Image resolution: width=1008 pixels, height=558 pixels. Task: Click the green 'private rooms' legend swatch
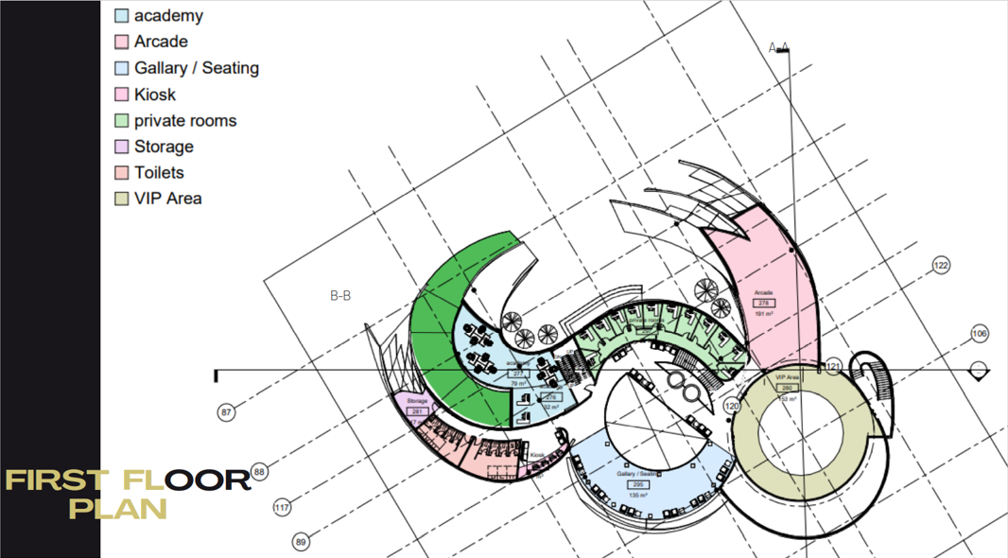(x=122, y=121)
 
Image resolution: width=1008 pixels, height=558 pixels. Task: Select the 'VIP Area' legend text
(x=167, y=199)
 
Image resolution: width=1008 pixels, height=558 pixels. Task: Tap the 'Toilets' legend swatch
(x=122, y=173)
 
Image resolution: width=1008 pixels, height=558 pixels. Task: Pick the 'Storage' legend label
(x=164, y=147)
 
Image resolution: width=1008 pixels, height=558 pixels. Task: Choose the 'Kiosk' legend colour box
(x=122, y=95)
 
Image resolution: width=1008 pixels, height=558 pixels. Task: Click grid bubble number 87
(x=226, y=412)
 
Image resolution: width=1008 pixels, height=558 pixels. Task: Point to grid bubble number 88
(x=260, y=472)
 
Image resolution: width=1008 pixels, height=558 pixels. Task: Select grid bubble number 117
(x=282, y=508)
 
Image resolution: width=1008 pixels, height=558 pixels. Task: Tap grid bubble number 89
(x=301, y=542)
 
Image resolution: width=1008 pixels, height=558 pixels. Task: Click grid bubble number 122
(x=941, y=266)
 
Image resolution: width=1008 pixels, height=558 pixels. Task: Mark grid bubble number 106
(x=980, y=334)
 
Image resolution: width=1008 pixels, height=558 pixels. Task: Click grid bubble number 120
(x=731, y=406)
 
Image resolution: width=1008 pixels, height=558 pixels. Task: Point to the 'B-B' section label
(x=340, y=296)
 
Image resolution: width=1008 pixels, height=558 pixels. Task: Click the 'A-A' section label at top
(x=778, y=47)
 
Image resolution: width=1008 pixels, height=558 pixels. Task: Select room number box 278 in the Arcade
(x=764, y=303)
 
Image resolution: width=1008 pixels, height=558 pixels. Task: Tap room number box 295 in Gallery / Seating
(x=638, y=484)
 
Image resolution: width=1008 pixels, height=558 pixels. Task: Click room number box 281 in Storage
(x=418, y=411)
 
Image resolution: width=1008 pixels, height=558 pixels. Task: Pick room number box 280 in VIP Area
(x=786, y=388)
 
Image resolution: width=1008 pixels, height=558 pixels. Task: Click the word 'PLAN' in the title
(x=118, y=509)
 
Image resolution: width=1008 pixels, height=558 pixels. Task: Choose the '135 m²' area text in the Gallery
(x=638, y=495)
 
